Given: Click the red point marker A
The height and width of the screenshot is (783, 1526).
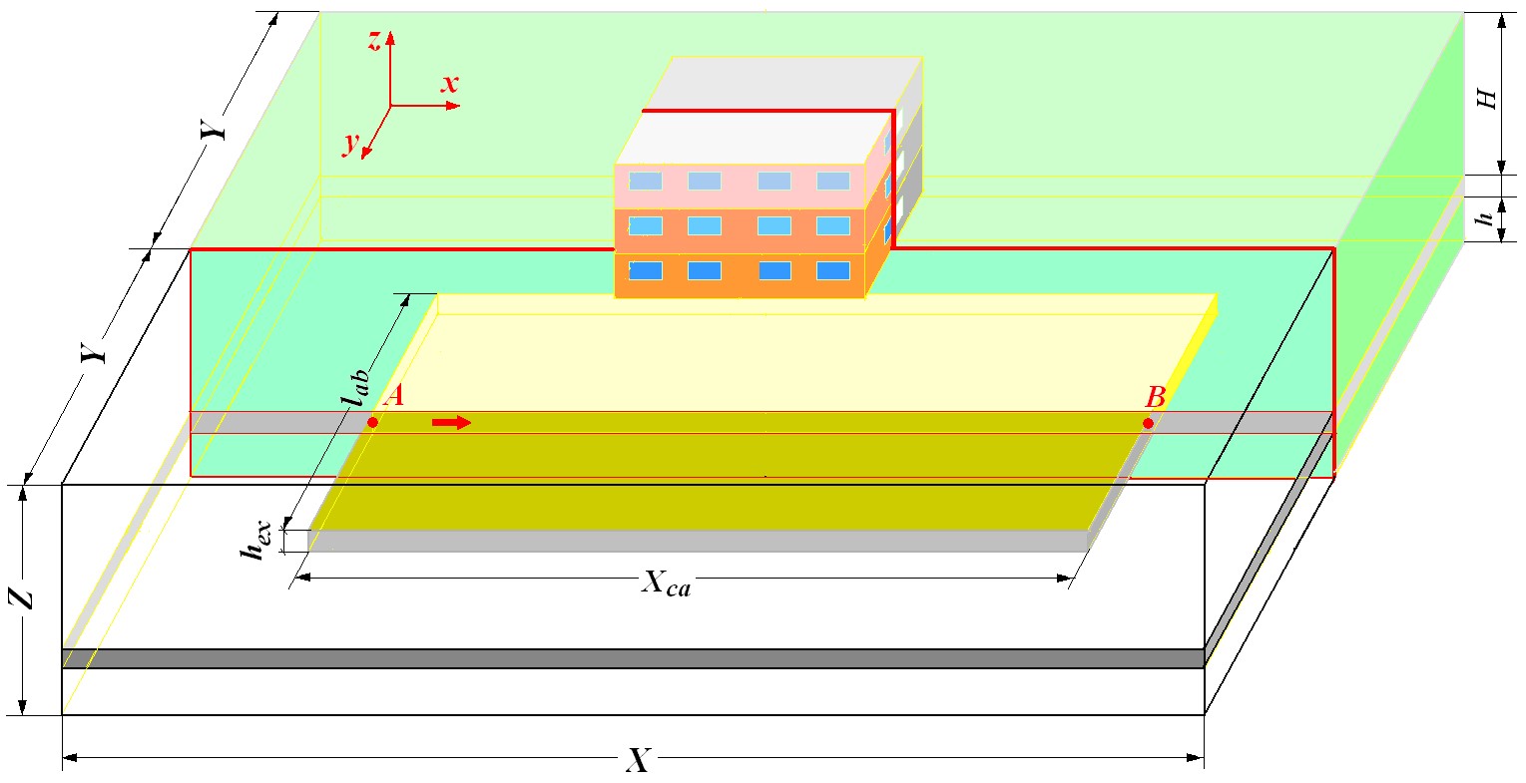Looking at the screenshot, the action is coord(372,423).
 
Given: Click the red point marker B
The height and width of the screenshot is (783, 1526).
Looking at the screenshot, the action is coord(1149,424).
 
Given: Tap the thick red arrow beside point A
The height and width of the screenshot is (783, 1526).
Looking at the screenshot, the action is coord(452,423).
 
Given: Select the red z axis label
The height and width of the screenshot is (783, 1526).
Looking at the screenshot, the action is coord(374,41).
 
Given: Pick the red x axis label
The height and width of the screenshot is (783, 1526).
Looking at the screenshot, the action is coord(450,84).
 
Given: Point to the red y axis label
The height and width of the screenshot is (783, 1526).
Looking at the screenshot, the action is coord(351,143).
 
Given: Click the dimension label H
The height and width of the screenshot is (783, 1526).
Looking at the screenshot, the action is coord(1486,100).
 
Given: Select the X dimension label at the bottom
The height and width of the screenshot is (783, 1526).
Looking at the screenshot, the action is coord(639,760).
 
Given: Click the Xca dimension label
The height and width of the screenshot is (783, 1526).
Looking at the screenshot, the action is coord(666,585).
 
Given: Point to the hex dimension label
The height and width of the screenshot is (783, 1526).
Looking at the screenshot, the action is coord(256,542).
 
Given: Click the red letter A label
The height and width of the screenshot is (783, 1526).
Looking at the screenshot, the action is coord(393,396).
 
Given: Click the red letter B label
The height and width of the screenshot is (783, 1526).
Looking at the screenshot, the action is coord(1156,397).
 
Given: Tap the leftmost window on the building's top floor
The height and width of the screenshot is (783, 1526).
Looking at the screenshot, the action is coord(645,182).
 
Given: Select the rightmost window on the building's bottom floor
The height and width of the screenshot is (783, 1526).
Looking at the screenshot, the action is coord(833,271).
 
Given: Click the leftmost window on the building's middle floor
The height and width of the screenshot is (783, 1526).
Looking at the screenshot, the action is coord(645,226).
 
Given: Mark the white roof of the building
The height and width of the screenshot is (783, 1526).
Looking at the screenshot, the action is coord(753,139).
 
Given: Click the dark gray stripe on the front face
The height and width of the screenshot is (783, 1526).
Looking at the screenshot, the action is coord(633,658).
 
